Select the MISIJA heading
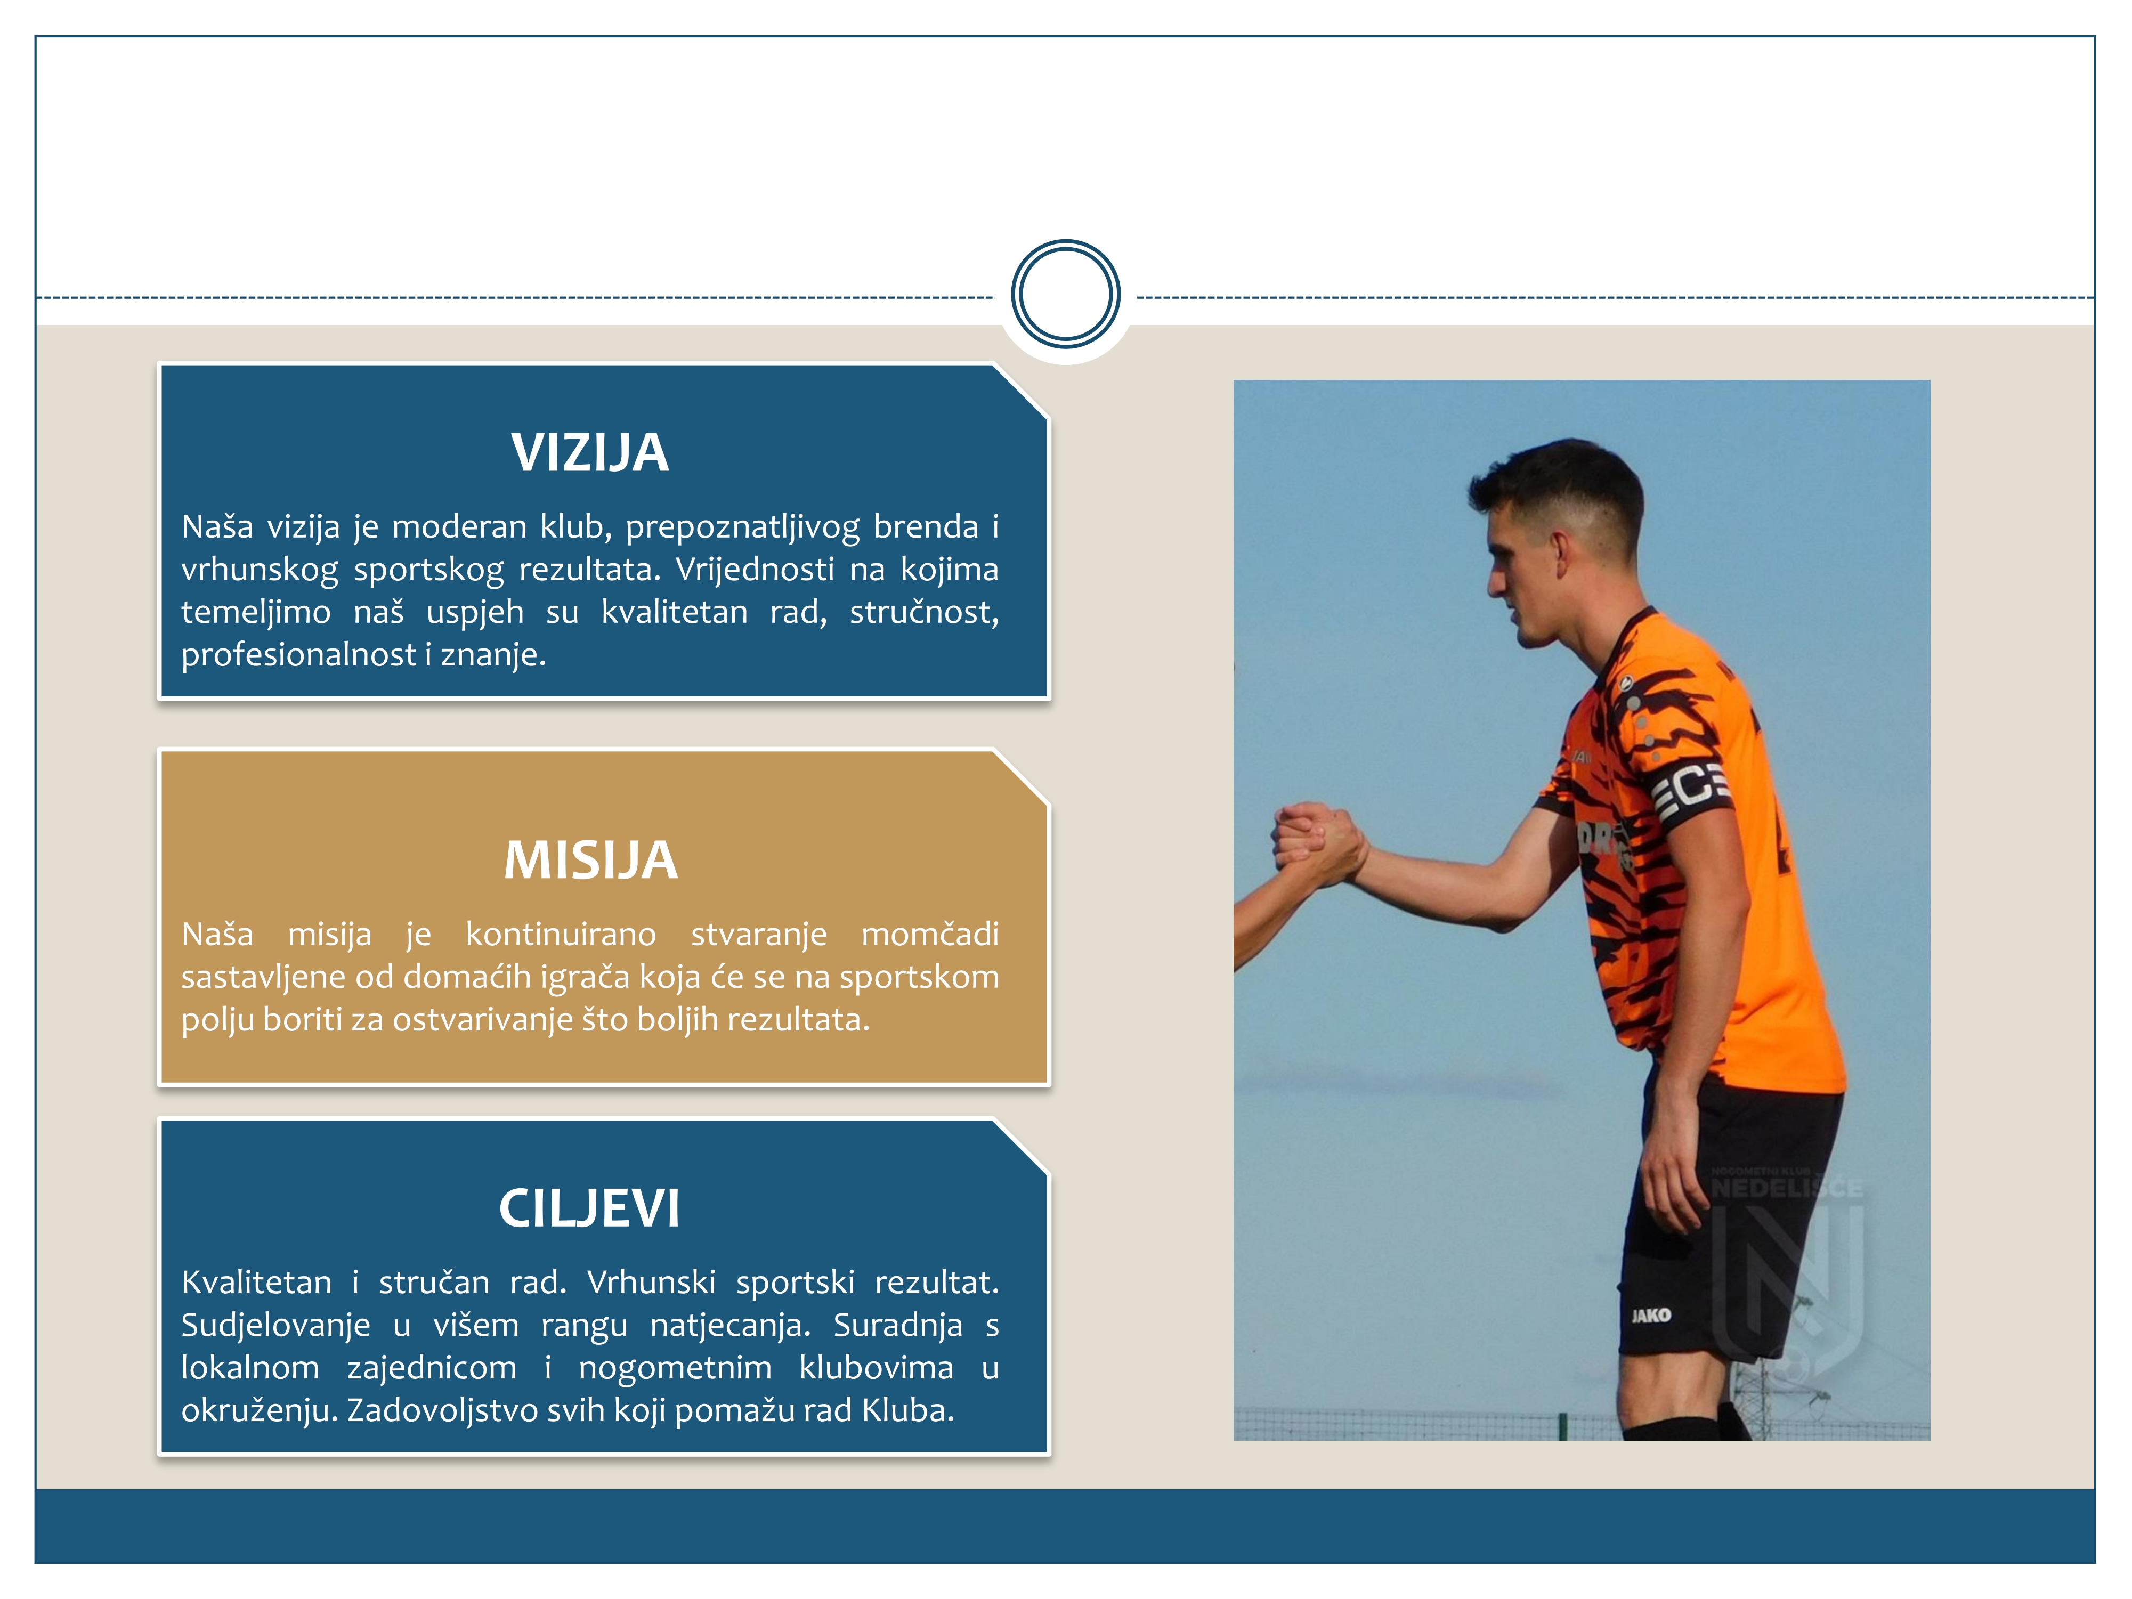(591, 860)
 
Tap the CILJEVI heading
(590, 1208)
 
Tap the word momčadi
(929, 934)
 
